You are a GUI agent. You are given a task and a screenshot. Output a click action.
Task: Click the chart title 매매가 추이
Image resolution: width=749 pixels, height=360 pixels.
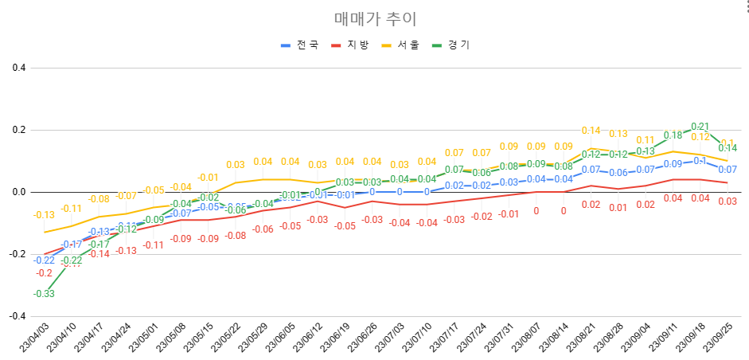375,18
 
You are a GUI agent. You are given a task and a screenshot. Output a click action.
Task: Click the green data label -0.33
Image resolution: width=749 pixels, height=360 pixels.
44,294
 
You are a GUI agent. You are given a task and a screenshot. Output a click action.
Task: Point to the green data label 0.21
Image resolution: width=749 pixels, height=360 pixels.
700,126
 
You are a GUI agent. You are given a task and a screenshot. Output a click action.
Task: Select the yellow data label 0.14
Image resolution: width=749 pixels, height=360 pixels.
591,131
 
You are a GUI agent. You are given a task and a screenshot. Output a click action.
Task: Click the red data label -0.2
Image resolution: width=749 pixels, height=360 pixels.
44,273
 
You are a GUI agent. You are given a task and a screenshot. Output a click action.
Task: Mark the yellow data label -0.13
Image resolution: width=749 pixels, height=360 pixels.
44,215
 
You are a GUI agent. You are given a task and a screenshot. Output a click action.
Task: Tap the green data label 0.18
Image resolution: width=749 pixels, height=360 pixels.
673,135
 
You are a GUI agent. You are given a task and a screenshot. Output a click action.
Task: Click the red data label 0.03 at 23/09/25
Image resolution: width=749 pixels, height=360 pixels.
727,201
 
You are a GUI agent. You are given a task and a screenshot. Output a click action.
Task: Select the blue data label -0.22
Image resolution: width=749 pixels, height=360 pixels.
44,260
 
